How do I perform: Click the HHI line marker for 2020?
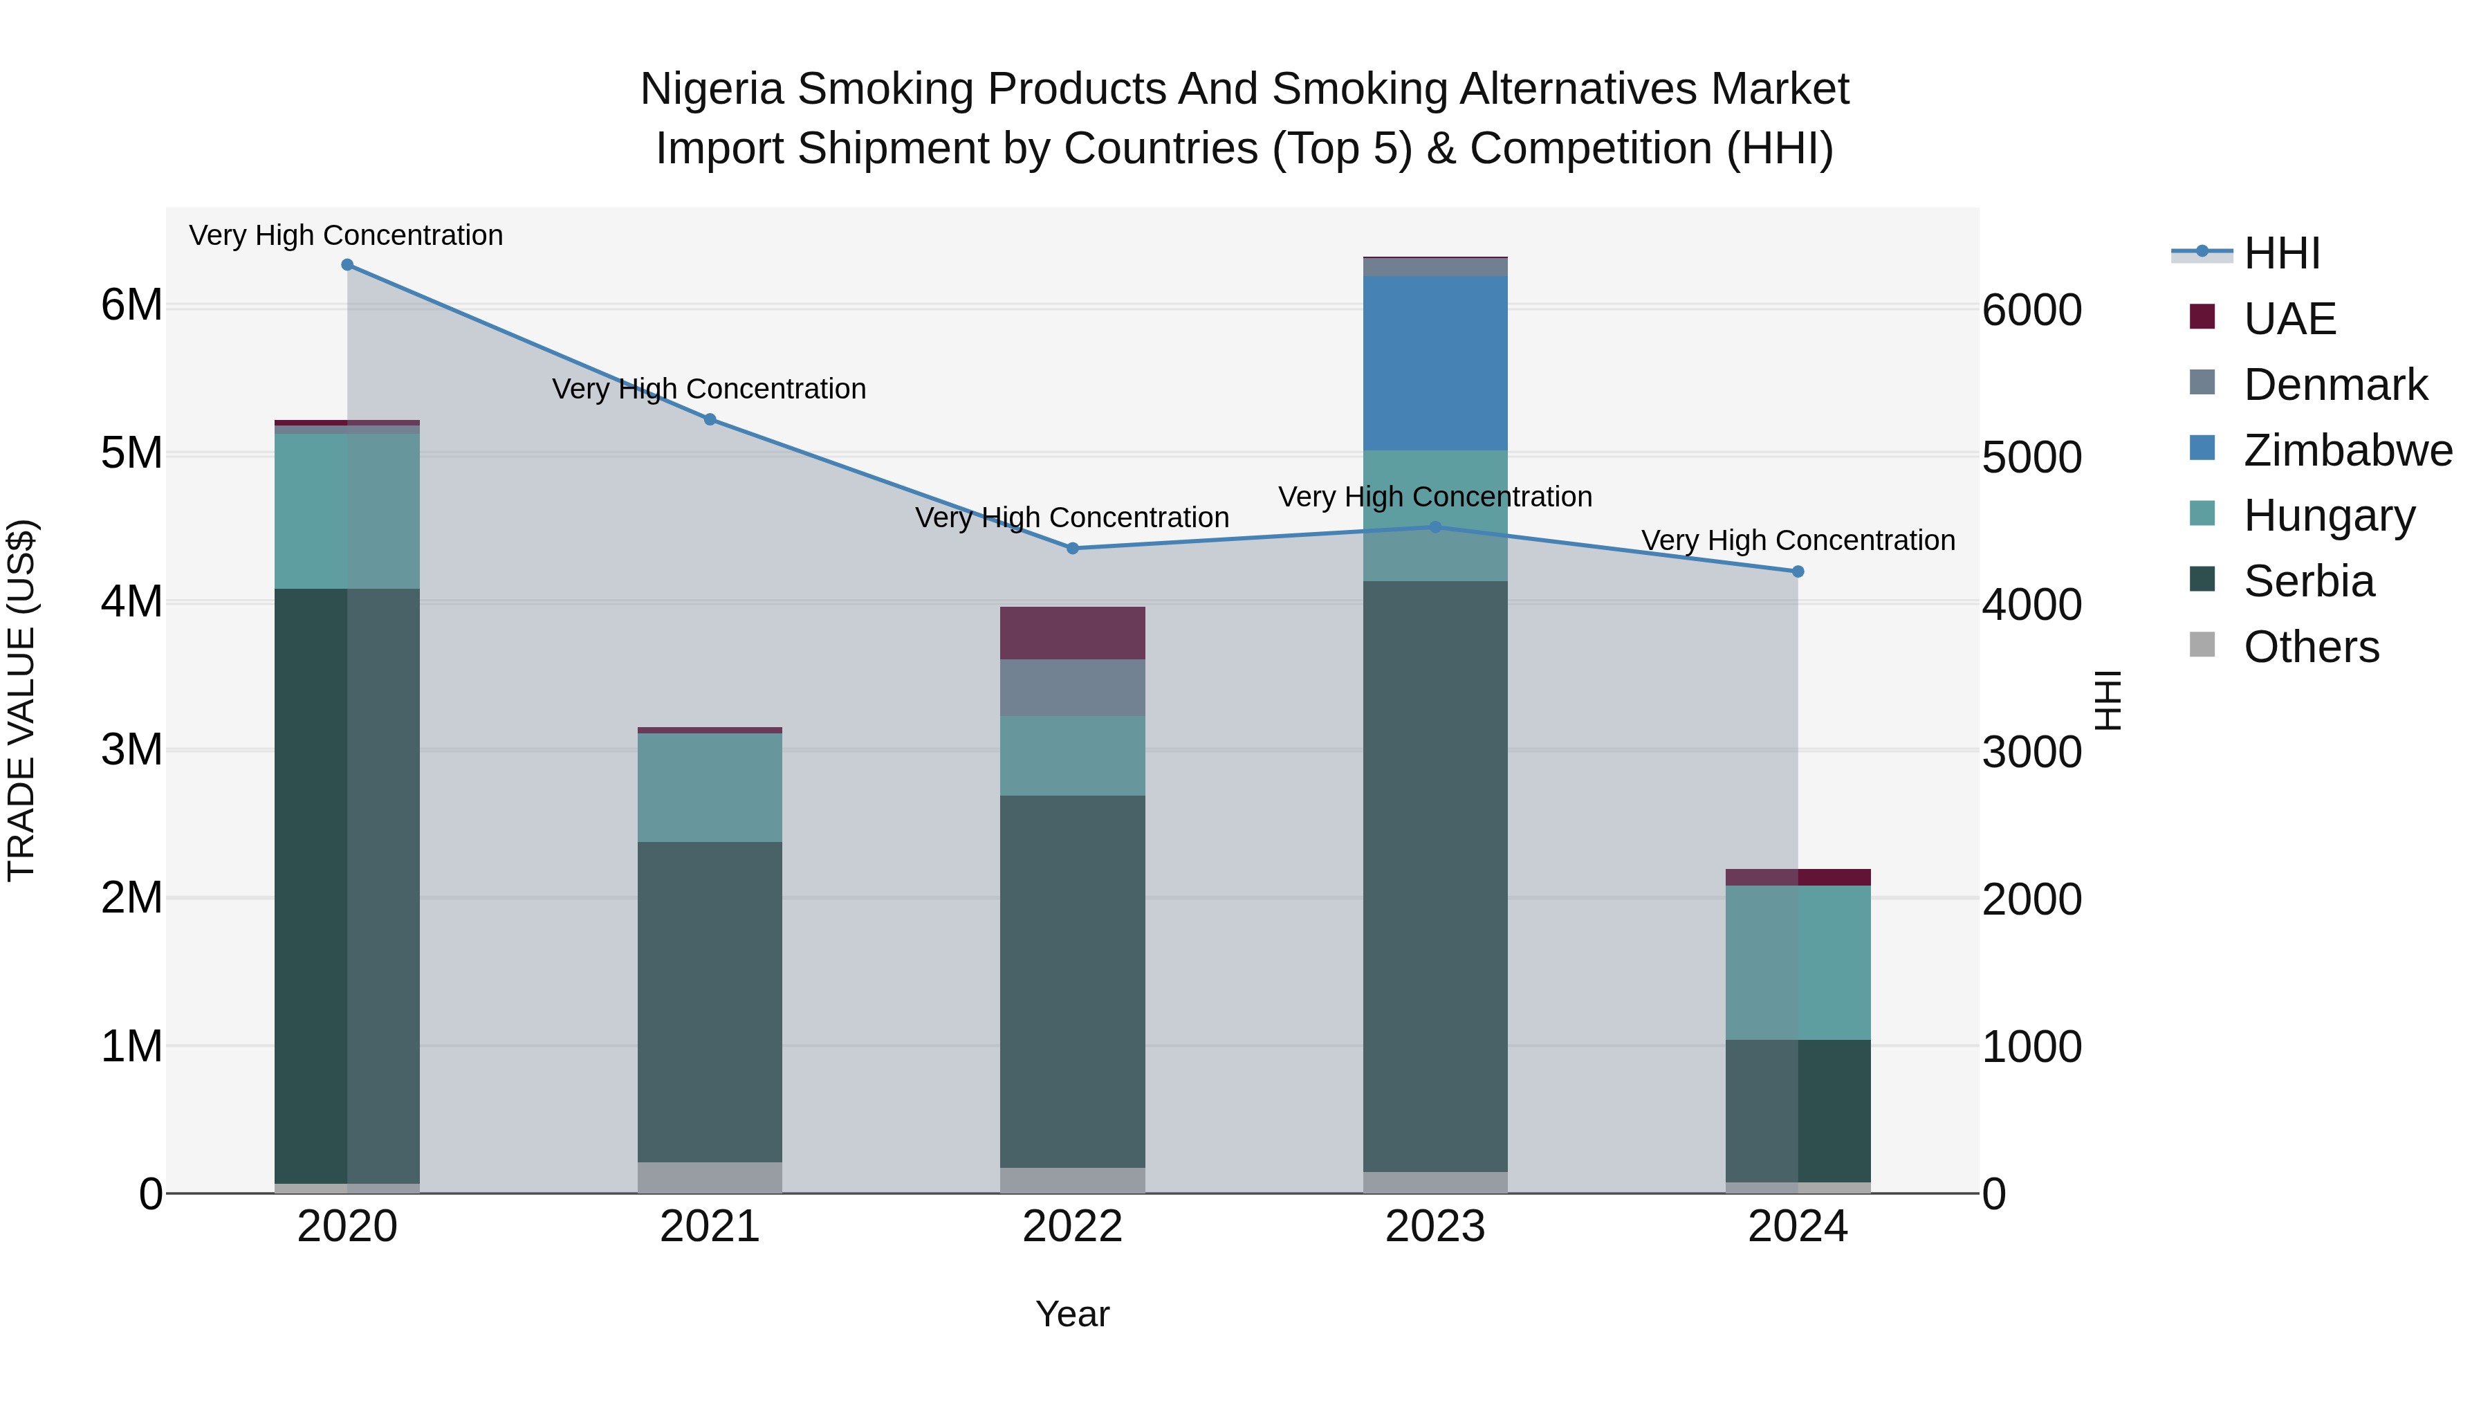pos(347,265)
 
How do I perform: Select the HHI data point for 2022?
pos(1072,548)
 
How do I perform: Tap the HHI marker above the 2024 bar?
pos(1798,571)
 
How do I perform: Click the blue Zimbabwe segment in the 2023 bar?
pos(1435,363)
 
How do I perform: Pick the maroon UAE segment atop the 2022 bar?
pos(1072,633)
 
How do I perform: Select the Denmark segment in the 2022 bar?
pos(1072,688)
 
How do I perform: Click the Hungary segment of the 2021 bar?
pos(710,787)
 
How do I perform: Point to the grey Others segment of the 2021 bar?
pos(710,1177)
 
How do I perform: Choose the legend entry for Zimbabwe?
pos(2347,450)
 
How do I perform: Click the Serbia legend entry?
pos(2308,581)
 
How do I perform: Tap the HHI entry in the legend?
pos(2281,253)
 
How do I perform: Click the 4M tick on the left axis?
pos(131,601)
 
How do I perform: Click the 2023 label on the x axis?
pos(1435,1227)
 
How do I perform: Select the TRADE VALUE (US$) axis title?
pos(22,700)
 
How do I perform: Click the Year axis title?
pos(1072,1314)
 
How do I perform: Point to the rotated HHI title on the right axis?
pos(2108,700)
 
